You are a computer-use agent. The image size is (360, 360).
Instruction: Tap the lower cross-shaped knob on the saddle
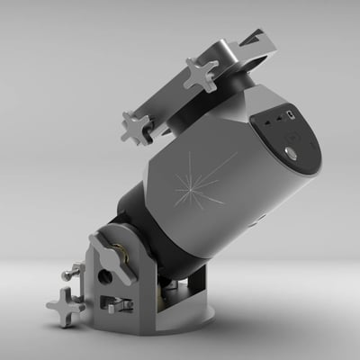pos(137,126)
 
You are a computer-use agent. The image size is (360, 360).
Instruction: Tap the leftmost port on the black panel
pos(268,120)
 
